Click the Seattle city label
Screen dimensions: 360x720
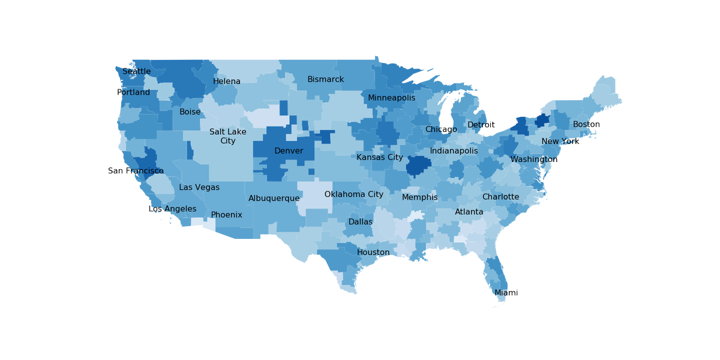coord(136,71)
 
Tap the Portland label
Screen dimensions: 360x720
coord(133,92)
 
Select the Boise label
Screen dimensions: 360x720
coord(190,112)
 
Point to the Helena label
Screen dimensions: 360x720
coord(226,82)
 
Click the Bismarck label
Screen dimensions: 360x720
coord(325,79)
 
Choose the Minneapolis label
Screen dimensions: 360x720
coord(391,98)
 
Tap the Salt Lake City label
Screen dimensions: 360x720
coord(227,136)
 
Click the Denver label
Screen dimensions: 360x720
coord(289,151)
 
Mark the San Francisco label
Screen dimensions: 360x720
coord(136,171)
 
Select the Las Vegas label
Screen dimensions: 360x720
coord(199,188)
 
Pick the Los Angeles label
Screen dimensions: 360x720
coord(172,209)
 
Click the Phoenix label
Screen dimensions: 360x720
coord(226,215)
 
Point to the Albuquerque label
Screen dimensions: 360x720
coord(274,199)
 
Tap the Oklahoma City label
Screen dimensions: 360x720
coord(353,194)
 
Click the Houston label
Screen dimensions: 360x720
coord(373,253)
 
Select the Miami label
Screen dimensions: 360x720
coord(506,293)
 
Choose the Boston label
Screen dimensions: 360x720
coord(586,124)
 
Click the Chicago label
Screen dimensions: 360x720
coord(441,130)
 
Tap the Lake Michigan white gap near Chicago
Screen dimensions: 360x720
coord(446,111)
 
